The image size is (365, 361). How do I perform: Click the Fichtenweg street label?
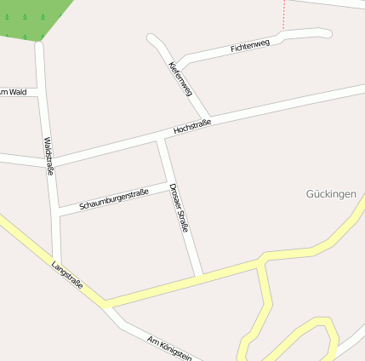[x=249, y=45]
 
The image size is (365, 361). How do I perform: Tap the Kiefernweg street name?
[x=180, y=78]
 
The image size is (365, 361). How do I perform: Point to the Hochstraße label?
[x=191, y=127]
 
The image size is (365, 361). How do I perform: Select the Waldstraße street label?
[x=49, y=157]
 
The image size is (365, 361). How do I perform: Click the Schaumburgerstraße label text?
[x=114, y=198]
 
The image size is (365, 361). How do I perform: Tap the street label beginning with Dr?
[x=179, y=209]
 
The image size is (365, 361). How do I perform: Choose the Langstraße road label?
[x=67, y=276]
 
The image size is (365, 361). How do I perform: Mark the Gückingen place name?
[x=330, y=194]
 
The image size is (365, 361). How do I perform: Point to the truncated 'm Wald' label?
[x=14, y=91]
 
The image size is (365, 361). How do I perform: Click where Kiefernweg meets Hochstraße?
[x=208, y=117]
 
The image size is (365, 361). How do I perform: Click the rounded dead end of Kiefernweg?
[x=152, y=38]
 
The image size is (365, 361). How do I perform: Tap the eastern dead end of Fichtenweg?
[x=326, y=32]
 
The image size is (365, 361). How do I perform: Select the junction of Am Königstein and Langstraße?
[x=108, y=306]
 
